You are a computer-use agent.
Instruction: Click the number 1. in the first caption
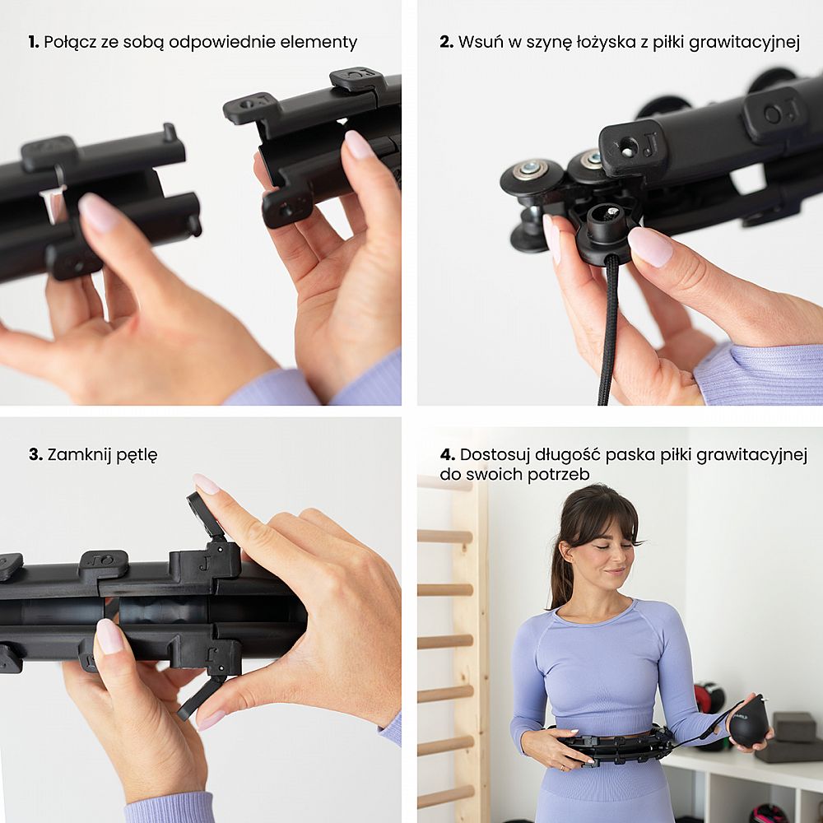pos(34,42)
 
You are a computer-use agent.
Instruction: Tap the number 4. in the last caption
pos(447,454)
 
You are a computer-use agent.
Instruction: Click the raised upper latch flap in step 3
pos(205,517)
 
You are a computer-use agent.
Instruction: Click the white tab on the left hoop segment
pos(53,203)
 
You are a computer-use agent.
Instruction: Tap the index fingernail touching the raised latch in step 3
pos(205,483)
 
